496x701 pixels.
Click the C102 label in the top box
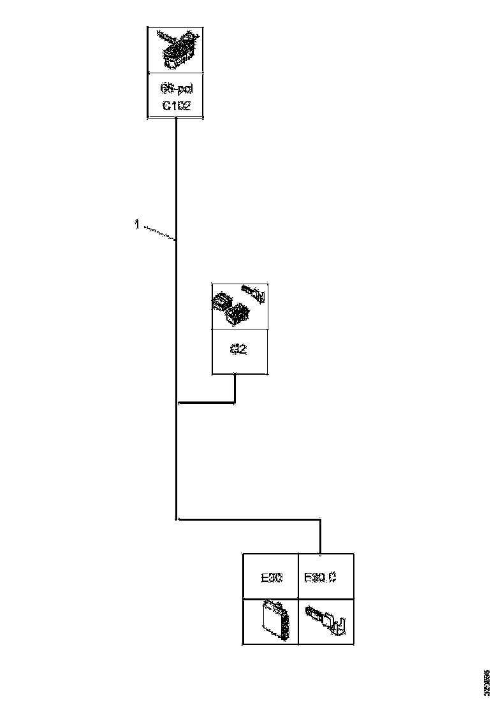(176, 106)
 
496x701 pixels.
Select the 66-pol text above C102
(176, 90)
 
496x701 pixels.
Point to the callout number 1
(136, 224)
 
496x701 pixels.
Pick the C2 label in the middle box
(238, 351)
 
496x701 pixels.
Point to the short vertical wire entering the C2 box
(235, 388)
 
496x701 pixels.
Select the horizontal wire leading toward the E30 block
(249, 520)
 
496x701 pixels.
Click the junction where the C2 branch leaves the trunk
(177, 403)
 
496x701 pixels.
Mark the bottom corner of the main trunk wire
(177, 519)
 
